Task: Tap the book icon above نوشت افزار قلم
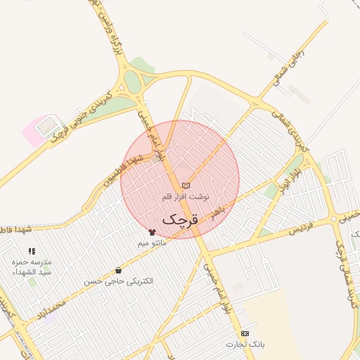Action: tap(186, 185)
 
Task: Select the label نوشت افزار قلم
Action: tap(186, 197)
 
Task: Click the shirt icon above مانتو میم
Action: tap(152, 231)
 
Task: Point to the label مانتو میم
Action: tap(152, 243)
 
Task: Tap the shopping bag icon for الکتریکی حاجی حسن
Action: tap(118, 270)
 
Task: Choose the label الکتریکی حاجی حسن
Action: tap(118, 281)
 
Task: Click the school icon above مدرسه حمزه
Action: tap(32, 251)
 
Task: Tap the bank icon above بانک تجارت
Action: tap(244, 333)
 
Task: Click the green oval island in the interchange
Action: tap(133, 82)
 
